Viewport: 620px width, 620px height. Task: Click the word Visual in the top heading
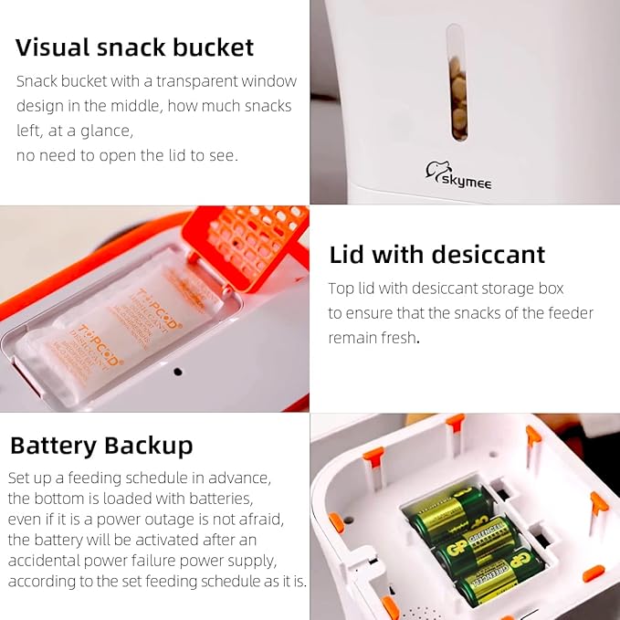(x=53, y=47)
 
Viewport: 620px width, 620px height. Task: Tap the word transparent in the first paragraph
(x=193, y=81)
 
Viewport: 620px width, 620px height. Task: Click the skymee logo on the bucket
(x=458, y=175)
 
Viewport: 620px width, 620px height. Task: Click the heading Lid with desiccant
(x=436, y=254)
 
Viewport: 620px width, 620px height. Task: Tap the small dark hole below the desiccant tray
(x=178, y=372)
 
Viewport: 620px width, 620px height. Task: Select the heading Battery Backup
(x=101, y=446)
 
